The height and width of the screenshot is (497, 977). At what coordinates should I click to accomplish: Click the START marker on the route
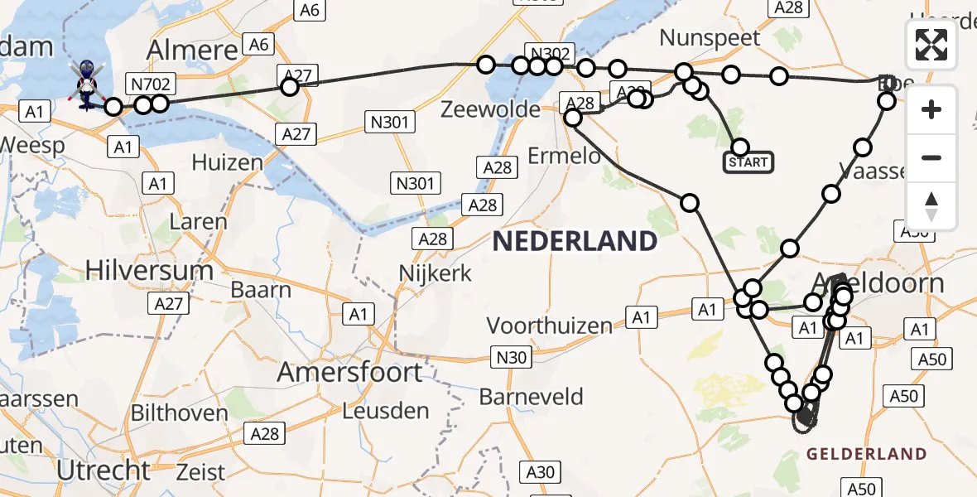click(x=749, y=162)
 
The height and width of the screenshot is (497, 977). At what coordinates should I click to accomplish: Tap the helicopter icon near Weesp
click(x=86, y=84)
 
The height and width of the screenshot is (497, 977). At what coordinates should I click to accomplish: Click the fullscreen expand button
click(x=931, y=45)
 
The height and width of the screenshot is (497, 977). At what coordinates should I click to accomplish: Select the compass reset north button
click(x=931, y=206)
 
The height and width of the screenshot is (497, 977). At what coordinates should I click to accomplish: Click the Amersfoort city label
click(x=349, y=372)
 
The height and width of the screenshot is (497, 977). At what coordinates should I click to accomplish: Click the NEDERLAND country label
click(x=575, y=242)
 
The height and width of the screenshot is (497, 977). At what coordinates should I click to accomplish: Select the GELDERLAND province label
click(x=866, y=454)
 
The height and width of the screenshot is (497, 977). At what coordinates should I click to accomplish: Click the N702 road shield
click(x=150, y=83)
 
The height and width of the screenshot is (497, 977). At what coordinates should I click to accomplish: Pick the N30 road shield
click(x=510, y=357)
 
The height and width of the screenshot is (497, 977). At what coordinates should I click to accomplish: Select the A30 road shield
click(x=541, y=472)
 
